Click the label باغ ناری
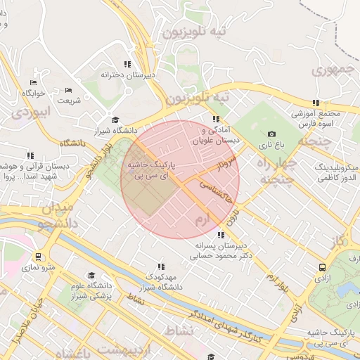[272, 145]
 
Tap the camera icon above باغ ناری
[272, 134]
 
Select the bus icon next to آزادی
[322, 267]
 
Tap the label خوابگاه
[33, 93]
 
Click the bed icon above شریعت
[69, 90]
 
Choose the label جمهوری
[330, 70]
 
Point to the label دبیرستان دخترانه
[127, 74]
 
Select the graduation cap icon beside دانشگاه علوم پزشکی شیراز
[90, 276]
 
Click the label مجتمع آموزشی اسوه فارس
[316, 119]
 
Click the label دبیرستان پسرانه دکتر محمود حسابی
[221, 252]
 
